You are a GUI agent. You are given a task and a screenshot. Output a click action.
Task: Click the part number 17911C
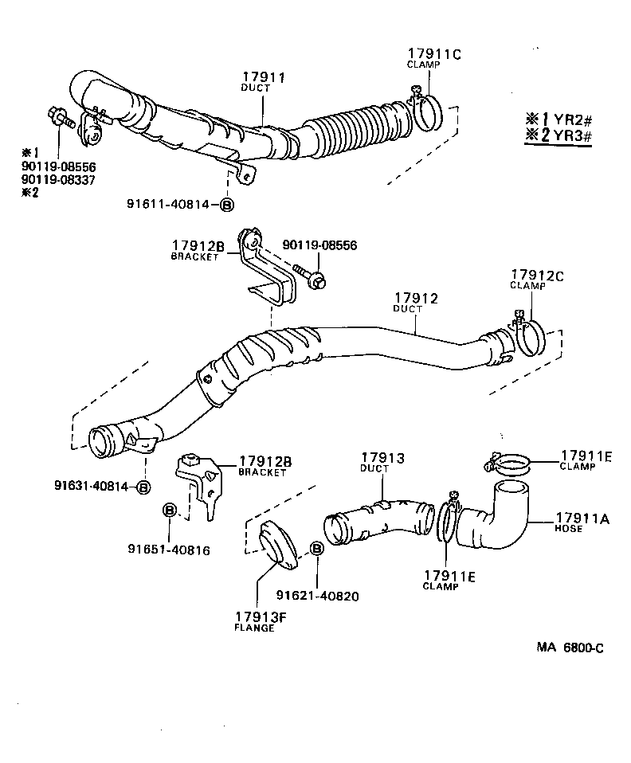coord(434,53)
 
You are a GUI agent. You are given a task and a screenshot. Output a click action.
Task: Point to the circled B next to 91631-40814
coord(143,487)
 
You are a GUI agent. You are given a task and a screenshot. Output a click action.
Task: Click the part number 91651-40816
coord(169,549)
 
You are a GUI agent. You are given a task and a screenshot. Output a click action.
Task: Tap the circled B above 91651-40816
coord(170,510)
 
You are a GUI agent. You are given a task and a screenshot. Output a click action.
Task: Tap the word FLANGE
coord(255,628)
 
